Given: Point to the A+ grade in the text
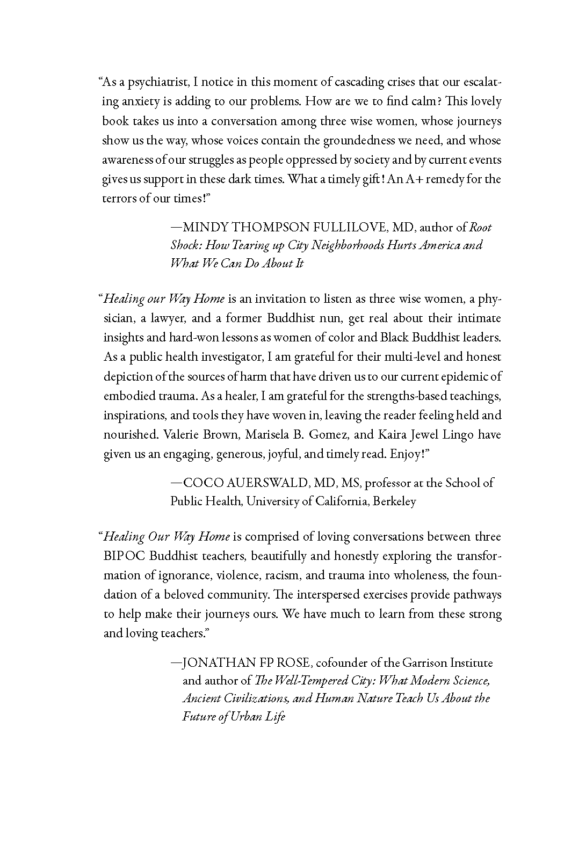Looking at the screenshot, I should (407, 179).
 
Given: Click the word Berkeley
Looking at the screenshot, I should (395, 501).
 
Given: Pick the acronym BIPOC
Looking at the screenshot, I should (124, 556).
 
